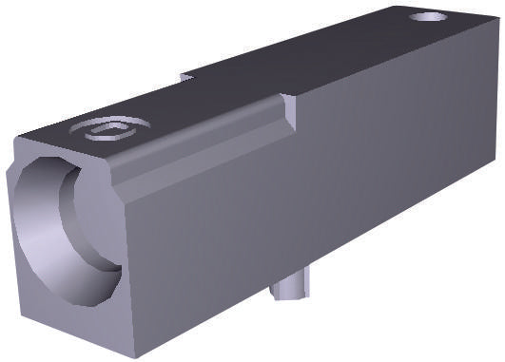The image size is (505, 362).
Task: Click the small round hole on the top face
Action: coord(429,17)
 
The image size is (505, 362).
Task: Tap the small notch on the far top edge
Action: coord(187,76)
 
